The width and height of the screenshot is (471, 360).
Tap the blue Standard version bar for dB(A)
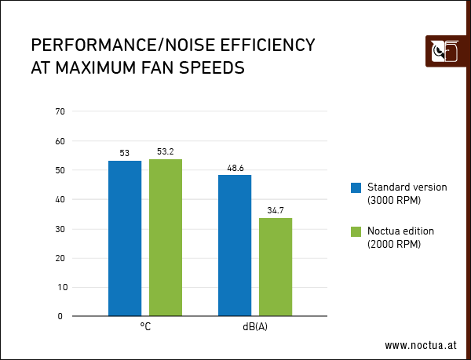pyautogui.click(x=235, y=245)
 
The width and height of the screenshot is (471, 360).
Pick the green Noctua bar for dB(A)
pyautogui.click(x=276, y=267)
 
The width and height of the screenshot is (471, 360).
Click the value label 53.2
pyautogui.click(x=166, y=152)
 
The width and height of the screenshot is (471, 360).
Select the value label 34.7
pyautogui.click(x=276, y=211)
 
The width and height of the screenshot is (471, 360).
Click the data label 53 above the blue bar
pyautogui.click(x=125, y=153)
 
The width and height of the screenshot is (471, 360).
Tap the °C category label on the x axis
pyautogui.click(x=145, y=327)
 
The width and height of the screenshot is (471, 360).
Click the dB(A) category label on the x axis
pyautogui.click(x=255, y=327)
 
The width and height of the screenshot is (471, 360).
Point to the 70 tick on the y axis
pyautogui.click(x=59, y=112)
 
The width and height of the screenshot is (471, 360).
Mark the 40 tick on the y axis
pyautogui.click(x=59, y=200)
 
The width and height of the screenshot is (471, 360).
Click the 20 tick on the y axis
pyautogui.click(x=59, y=258)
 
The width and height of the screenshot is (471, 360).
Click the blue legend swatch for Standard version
pyautogui.click(x=356, y=187)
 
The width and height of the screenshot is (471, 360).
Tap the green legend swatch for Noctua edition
pyautogui.click(x=356, y=231)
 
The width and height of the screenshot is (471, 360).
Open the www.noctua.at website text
pyautogui.click(x=421, y=345)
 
